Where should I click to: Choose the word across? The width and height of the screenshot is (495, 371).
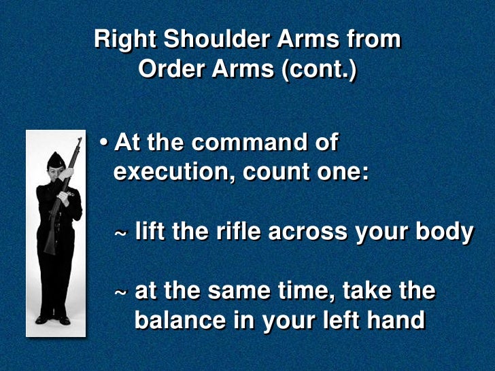[307, 232]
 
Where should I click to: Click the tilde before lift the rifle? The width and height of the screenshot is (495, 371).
[120, 233]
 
